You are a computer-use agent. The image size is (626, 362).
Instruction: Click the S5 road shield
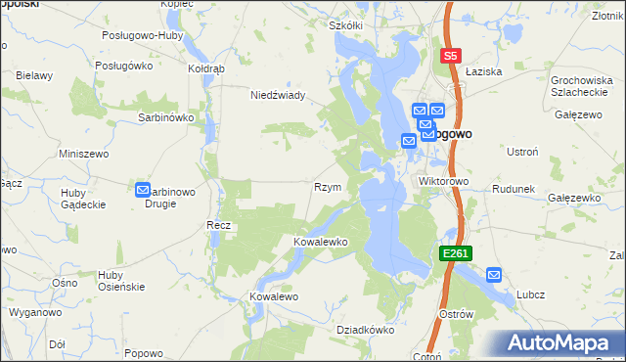[x=451, y=57]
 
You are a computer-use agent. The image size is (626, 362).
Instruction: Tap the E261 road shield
[x=456, y=252]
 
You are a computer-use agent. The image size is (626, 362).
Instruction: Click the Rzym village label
[x=327, y=187]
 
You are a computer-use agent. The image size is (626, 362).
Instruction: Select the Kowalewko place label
[x=321, y=241]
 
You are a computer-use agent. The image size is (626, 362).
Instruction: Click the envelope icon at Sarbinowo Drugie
[x=143, y=191]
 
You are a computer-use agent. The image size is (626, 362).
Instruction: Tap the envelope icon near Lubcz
[x=494, y=276]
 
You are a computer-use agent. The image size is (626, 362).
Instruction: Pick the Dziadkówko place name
[x=365, y=331]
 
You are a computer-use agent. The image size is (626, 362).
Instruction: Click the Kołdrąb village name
[x=206, y=69]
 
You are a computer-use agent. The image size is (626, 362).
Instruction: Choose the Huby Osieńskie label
[x=121, y=281]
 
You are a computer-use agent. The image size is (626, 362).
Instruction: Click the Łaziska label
[x=483, y=71]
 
